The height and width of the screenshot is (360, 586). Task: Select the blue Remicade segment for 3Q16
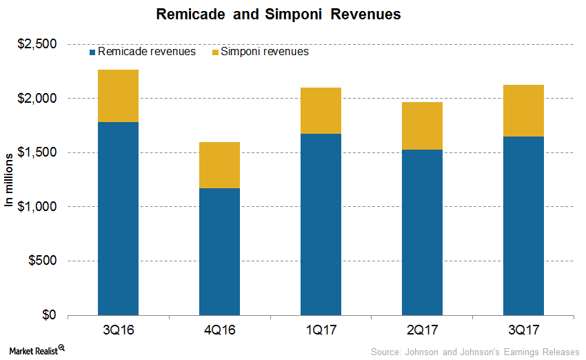118,219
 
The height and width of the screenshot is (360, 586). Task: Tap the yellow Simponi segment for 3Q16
118,96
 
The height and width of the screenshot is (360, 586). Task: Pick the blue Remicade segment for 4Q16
219,252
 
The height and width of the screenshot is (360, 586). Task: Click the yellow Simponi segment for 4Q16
219,165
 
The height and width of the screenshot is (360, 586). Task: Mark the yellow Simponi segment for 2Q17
422,126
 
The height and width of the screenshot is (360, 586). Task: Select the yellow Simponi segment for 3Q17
523,110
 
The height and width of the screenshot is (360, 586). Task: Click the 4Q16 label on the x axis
219,330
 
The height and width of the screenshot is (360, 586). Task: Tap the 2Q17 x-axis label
422,330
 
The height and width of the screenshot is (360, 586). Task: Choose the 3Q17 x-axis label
523,330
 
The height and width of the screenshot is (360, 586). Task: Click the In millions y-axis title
10,180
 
